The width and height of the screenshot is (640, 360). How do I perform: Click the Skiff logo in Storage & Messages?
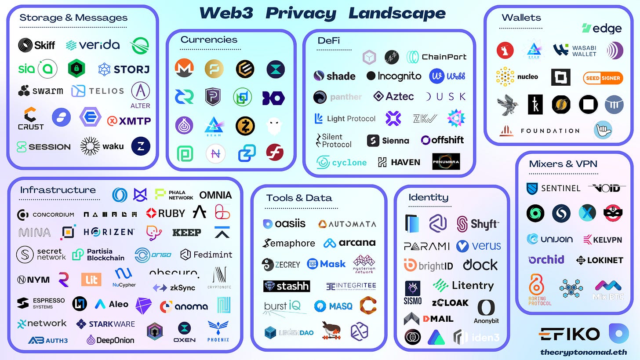point(36,45)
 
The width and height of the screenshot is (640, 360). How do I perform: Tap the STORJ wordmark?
point(124,69)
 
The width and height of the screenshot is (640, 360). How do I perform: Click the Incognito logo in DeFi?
point(394,76)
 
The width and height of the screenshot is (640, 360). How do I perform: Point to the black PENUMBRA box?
point(446,161)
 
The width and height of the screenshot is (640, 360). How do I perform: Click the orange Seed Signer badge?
point(603,78)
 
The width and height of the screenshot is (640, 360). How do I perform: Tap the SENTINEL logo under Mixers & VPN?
point(553,188)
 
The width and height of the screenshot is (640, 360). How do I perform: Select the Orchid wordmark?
point(546,259)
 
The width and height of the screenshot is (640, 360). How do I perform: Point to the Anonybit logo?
point(486,311)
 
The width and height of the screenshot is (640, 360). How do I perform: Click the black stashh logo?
point(287,286)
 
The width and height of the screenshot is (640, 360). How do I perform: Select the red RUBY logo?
point(166,213)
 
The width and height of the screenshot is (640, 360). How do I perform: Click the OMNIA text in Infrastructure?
point(215,195)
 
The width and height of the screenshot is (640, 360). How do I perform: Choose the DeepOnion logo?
point(110,340)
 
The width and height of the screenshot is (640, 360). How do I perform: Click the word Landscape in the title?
point(396,13)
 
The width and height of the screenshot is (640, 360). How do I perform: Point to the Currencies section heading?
point(209,40)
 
